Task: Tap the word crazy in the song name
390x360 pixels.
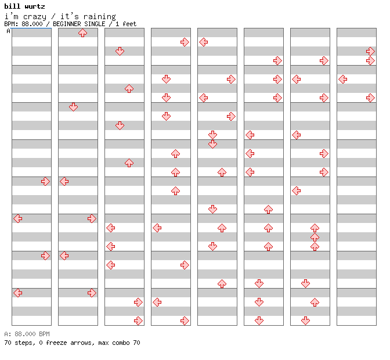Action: [x=35, y=17]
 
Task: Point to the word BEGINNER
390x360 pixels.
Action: [x=67, y=24]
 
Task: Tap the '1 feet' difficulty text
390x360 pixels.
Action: [x=126, y=24]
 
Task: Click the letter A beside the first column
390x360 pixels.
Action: [x=8, y=31]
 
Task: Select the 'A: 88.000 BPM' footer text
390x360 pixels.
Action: [x=27, y=334]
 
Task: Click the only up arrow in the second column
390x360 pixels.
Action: [x=82, y=33]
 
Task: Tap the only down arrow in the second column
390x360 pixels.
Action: [x=73, y=107]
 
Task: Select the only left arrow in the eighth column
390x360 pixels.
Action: [x=343, y=80]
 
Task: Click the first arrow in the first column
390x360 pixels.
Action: [x=45, y=181]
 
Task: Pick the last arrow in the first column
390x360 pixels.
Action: [x=18, y=293]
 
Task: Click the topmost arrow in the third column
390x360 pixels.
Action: [x=120, y=51]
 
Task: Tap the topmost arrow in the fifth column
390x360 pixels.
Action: [x=204, y=42]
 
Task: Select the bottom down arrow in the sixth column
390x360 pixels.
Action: [x=259, y=321]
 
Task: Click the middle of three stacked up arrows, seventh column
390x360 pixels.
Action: [x=315, y=237]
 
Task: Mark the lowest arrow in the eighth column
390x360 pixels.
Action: [x=371, y=98]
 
